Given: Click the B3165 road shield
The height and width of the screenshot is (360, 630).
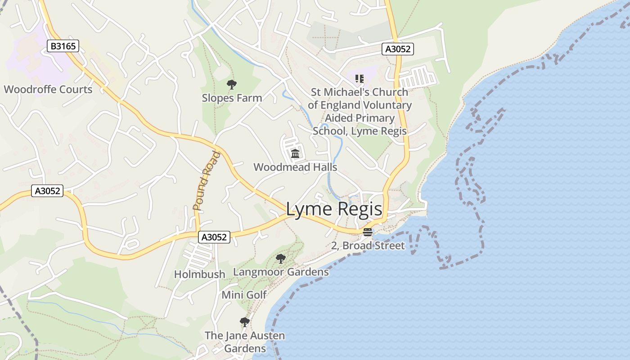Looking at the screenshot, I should click(63, 45).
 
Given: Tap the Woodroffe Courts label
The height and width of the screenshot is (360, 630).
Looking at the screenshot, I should click(48, 89).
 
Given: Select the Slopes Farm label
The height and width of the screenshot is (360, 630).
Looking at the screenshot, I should click(232, 98).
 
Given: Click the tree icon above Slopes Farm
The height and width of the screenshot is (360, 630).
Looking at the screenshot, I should click(232, 84).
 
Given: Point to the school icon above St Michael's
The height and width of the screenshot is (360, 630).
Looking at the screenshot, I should click(359, 79).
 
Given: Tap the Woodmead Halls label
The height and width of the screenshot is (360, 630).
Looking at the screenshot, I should click(295, 167).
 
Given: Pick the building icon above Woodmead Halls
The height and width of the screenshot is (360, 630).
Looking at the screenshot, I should click(295, 154).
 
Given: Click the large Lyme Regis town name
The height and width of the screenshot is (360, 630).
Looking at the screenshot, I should click(334, 209).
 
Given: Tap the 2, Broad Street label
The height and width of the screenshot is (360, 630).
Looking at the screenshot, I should click(368, 246).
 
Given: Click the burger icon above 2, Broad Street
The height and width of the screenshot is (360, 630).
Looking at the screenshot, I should click(368, 232).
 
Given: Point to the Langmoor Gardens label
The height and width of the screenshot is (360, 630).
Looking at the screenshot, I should click(281, 272).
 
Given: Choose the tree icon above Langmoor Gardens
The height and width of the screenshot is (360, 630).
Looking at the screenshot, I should click(281, 258).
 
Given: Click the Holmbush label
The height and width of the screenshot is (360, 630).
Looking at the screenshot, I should click(199, 274).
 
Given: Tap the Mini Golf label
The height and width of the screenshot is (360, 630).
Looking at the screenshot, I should click(244, 295).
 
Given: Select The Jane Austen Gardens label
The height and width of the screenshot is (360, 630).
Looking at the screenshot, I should click(245, 342).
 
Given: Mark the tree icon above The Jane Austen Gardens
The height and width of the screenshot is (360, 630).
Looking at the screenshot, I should click(244, 322).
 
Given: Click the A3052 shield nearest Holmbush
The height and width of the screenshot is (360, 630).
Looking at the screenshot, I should click(214, 237).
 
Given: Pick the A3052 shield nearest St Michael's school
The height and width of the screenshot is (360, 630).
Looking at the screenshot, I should click(398, 49).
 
